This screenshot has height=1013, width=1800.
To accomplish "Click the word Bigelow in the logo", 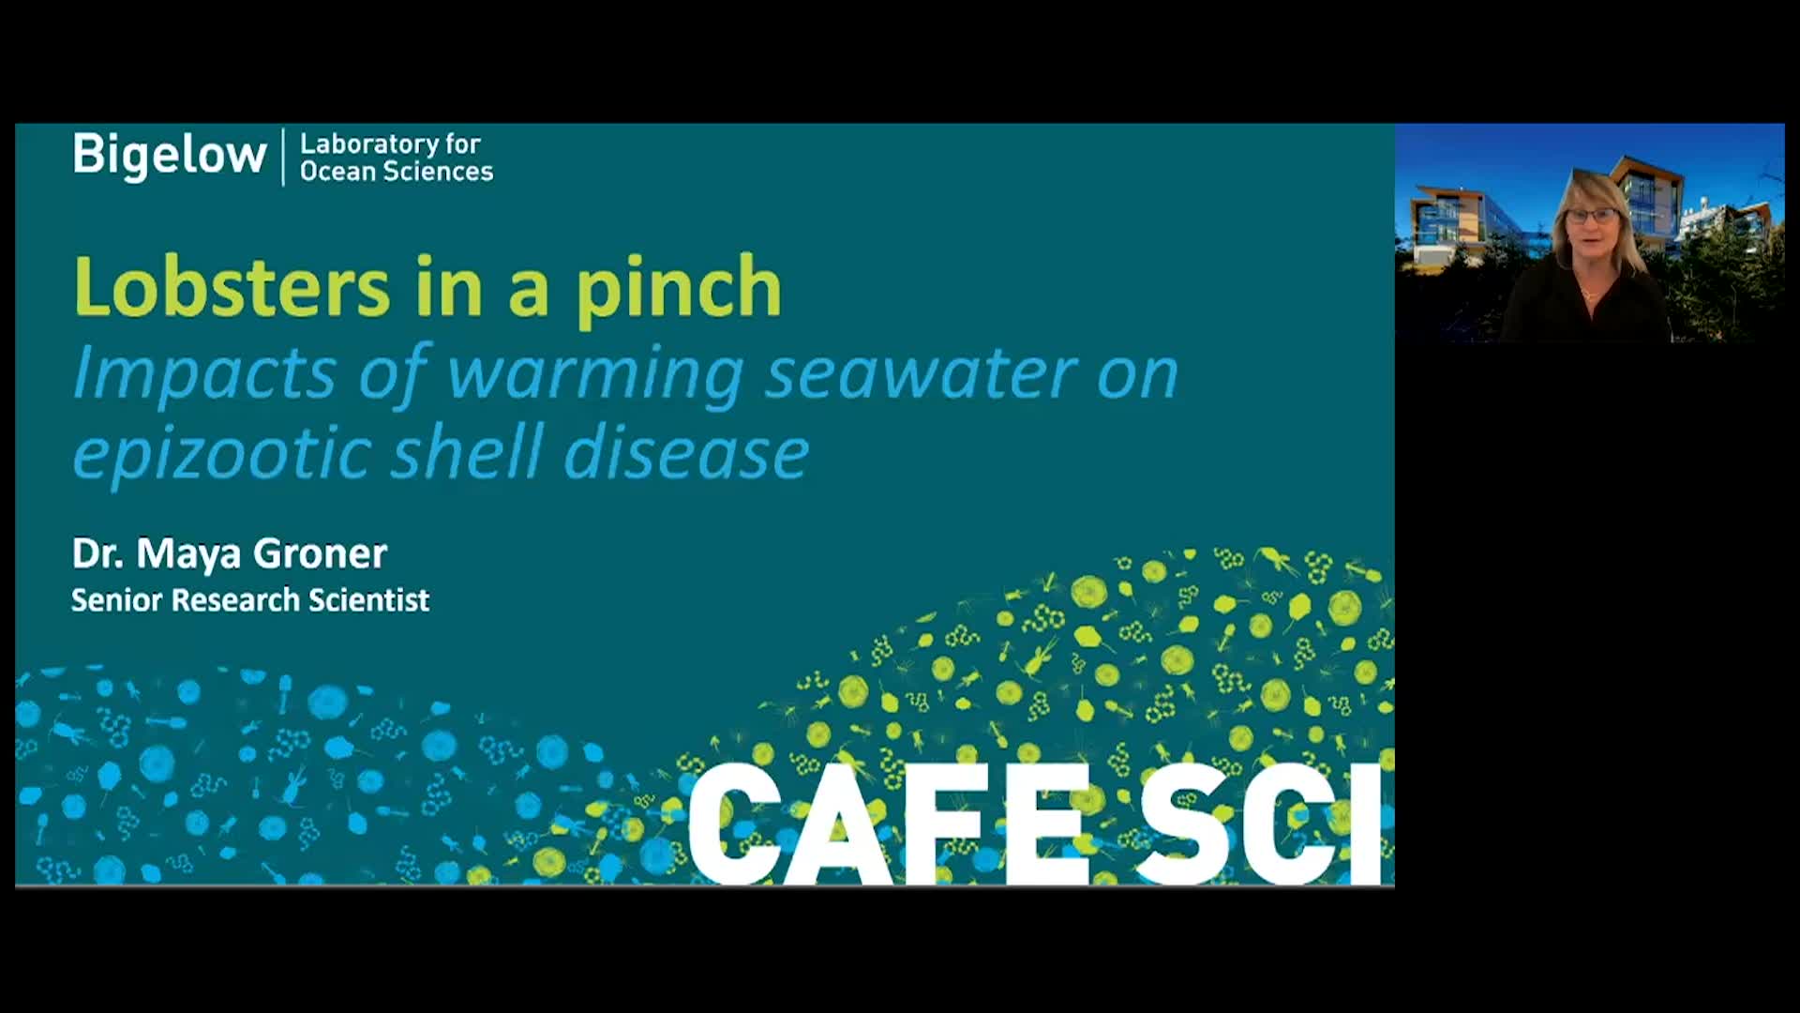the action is [170, 156].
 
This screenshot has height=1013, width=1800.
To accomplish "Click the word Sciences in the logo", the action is [438, 171].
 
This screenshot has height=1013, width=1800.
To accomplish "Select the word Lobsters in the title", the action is [232, 286].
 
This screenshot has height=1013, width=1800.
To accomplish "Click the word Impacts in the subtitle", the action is [204, 373].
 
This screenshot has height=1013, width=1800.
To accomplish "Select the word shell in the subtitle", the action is [466, 452].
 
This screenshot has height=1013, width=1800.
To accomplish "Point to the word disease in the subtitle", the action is [685, 452].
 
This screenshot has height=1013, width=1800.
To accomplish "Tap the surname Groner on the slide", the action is [320, 553].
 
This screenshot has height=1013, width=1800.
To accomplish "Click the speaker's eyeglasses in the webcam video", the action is [1591, 217].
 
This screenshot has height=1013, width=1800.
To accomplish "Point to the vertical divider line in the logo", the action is [283, 157].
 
